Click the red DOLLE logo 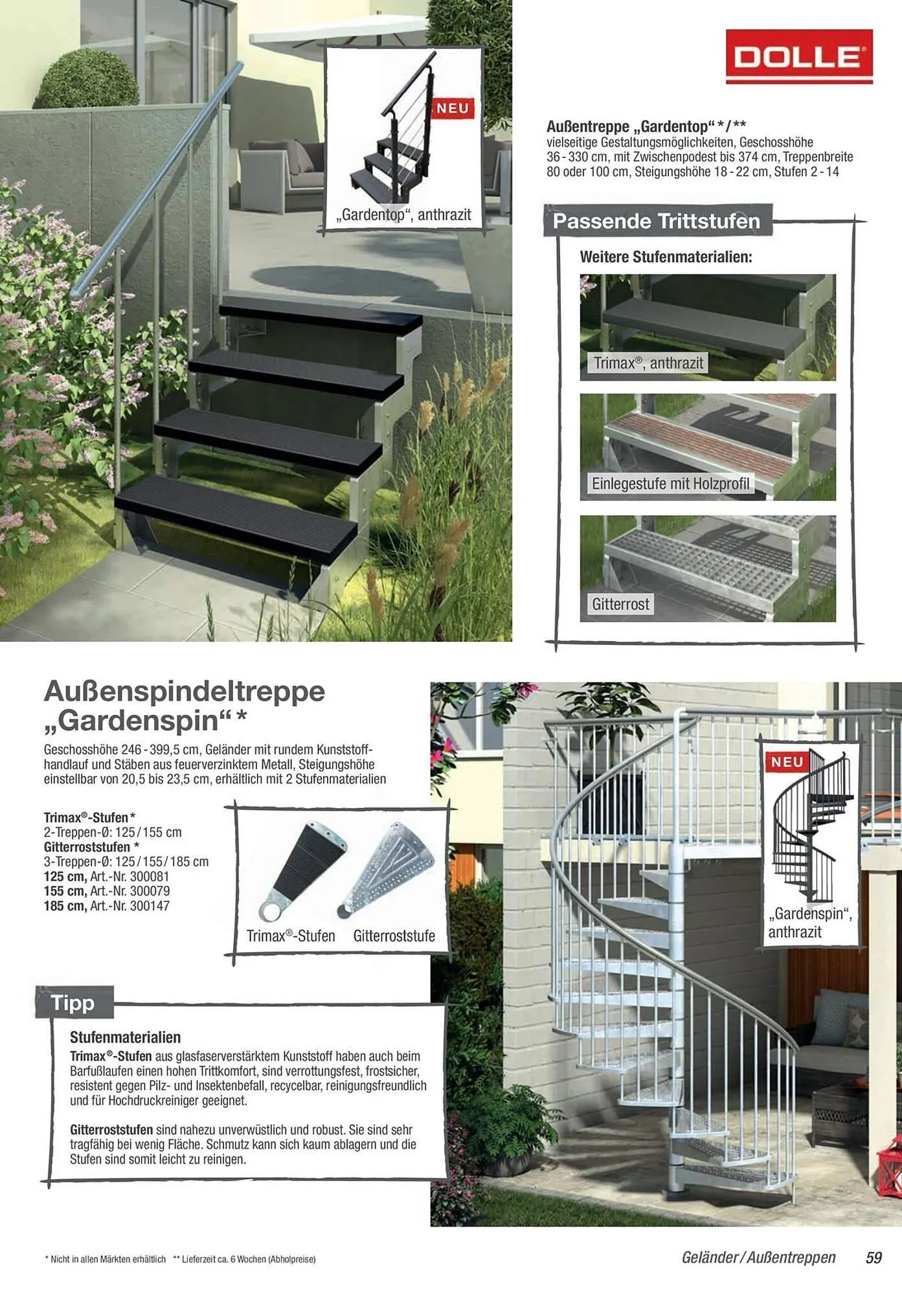click(799, 57)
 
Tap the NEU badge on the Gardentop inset click(452, 108)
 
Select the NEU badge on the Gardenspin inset click(786, 762)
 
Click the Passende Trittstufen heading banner click(656, 221)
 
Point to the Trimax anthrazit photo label click(648, 363)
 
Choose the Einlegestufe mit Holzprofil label click(670, 484)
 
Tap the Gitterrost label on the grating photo click(620, 604)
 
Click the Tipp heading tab click(73, 1003)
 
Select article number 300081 click(150, 876)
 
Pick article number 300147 click(150, 906)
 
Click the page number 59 click(874, 1257)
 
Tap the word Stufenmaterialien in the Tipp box click(125, 1037)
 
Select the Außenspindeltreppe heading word click(184, 691)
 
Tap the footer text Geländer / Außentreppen click(758, 1257)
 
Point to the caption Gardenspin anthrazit click(809, 923)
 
